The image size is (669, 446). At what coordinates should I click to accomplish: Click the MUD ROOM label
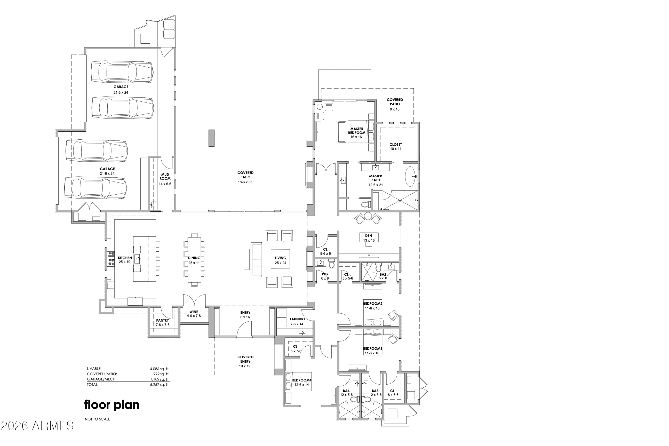point(165,177)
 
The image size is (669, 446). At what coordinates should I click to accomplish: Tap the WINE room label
point(194,312)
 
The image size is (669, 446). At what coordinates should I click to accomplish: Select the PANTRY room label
point(162,320)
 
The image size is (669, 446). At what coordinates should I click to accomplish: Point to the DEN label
point(369,235)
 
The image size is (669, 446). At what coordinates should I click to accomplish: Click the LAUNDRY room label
point(298,319)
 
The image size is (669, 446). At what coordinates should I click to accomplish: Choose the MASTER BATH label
point(376,178)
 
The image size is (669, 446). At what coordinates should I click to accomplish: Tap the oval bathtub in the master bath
point(410,176)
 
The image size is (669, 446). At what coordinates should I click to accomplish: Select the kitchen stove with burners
point(111,259)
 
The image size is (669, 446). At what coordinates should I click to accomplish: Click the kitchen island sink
point(137,259)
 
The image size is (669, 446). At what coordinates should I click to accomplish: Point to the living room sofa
point(256,259)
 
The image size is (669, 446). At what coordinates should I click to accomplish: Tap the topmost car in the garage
point(122,72)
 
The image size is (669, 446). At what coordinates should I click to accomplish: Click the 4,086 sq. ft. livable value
point(160,369)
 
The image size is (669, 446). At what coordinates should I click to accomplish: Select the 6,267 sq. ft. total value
point(160,385)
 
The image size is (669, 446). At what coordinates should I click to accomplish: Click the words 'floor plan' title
point(112,405)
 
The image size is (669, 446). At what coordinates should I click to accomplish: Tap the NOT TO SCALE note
point(97,419)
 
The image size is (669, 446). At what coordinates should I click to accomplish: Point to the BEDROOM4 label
point(302,380)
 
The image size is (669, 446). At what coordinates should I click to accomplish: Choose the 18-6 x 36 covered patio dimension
point(245,182)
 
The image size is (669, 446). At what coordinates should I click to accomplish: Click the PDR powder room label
point(325,274)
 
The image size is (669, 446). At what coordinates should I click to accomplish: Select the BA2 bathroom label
point(383,274)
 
